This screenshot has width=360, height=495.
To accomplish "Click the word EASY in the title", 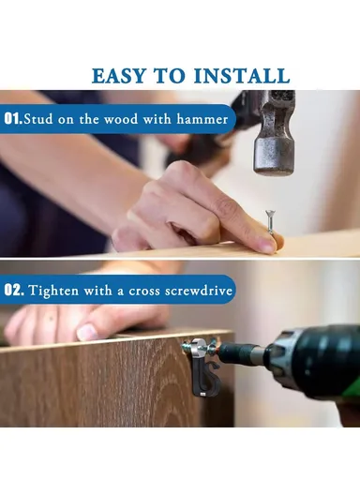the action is click(x=118, y=76).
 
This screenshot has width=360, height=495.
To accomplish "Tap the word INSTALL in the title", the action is click(x=242, y=76).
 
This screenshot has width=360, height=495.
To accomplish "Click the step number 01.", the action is click(x=12, y=119).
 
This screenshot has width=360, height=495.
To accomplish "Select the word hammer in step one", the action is click(x=202, y=119).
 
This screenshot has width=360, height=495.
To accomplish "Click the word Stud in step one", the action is click(x=38, y=119).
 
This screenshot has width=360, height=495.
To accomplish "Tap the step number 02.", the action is click(x=13, y=290).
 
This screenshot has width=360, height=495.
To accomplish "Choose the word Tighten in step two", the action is click(x=53, y=291).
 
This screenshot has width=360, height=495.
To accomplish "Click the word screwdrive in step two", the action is click(x=199, y=290).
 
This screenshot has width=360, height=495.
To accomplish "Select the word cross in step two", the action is click(x=142, y=291).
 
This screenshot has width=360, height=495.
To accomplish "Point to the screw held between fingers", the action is click(x=270, y=222).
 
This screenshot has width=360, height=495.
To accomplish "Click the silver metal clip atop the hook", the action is click(x=200, y=347).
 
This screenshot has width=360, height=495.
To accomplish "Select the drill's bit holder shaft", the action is click(x=243, y=353).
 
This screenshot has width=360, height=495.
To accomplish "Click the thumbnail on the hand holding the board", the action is click(x=87, y=332).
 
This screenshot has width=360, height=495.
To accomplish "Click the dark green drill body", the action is click(x=316, y=360).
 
